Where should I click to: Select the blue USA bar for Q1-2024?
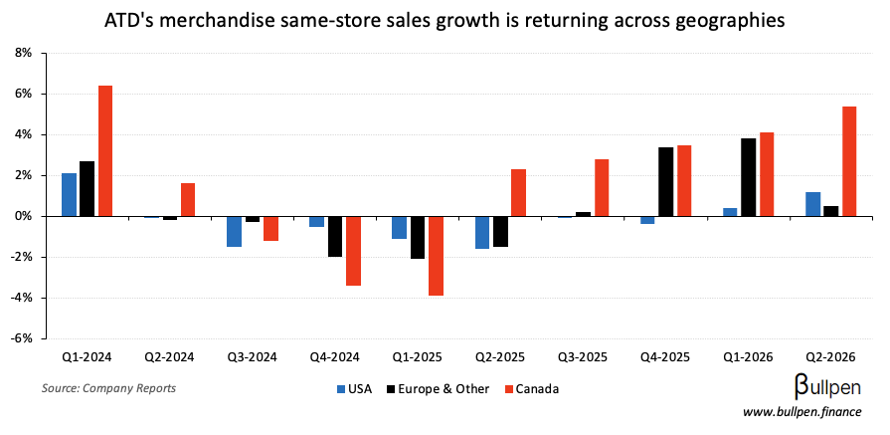[x=69, y=194]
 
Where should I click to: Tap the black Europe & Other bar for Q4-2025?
[x=666, y=181]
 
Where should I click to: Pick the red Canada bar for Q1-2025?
[x=436, y=256]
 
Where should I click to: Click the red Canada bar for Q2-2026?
[x=849, y=161]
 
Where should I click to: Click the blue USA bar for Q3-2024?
[x=234, y=231]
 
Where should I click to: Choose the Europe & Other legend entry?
[x=437, y=388]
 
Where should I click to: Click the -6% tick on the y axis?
[x=19, y=338]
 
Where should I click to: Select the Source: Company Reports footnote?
[x=108, y=387]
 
